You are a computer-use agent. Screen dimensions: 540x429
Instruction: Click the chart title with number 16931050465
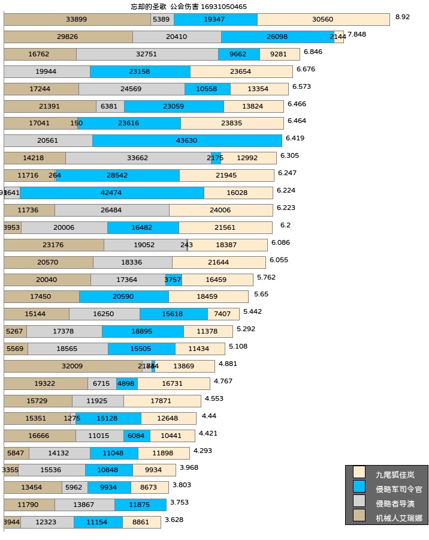click(x=189, y=7)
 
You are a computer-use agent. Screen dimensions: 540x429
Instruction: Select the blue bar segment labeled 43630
click(x=187, y=140)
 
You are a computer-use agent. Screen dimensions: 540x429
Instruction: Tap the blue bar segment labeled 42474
click(x=112, y=193)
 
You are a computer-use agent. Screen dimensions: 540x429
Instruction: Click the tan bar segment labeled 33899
click(x=77, y=19)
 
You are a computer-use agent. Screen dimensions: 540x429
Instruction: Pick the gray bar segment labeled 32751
click(x=147, y=54)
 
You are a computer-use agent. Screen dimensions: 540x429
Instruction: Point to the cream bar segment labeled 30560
click(x=323, y=19)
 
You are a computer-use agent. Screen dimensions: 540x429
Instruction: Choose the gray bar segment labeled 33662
click(x=138, y=158)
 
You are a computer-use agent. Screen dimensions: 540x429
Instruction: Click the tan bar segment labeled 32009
click(x=72, y=366)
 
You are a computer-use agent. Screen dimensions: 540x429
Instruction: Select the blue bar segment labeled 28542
click(x=117, y=175)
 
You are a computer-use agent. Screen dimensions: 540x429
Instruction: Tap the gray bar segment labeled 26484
click(x=112, y=210)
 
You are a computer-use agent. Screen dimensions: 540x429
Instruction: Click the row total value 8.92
click(x=403, y=17)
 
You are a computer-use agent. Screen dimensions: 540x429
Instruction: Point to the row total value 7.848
click(x=357, y=34)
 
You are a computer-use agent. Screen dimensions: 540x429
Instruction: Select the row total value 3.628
click(x=174, y=520)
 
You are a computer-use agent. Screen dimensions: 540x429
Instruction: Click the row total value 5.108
click(x=238, y=346)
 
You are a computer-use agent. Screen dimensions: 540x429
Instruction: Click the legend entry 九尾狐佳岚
click(x=394, y=475)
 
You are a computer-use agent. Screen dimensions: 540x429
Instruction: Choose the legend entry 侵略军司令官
click(x=398, y=489)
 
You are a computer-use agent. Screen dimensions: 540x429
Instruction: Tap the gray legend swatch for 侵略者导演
click(x=359, y=501)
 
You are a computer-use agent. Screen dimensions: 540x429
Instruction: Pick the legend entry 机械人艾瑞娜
click(x=398, y=518)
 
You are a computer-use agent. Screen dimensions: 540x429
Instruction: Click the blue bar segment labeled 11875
click(x=140, y=505)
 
